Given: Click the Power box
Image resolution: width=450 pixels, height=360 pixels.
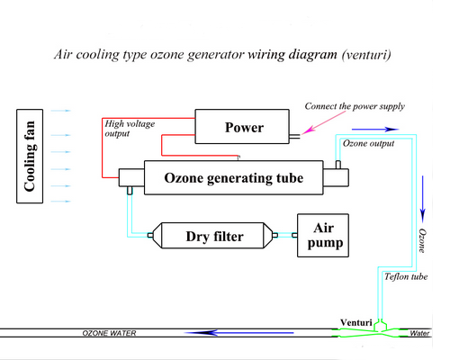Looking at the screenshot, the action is tap(242, 126).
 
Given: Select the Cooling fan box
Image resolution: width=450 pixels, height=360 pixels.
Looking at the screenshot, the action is tap(30, 156).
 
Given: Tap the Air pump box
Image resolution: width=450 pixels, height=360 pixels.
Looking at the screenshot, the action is tap(323, 236).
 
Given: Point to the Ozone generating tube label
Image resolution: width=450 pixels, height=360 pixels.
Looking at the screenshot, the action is tap(234, 178).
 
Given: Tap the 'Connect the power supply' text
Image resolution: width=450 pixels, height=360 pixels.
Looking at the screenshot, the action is tap(355, 106).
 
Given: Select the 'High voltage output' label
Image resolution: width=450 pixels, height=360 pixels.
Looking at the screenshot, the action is tap(130, 129).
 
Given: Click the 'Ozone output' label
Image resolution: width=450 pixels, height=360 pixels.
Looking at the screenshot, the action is tap(368, 143).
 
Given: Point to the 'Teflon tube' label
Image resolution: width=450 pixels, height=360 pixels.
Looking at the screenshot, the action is tap(406, 276).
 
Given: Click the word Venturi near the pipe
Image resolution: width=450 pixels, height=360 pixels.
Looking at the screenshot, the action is tap(356, 322).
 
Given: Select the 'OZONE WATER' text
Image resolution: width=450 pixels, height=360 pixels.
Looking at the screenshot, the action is tap(109, 333).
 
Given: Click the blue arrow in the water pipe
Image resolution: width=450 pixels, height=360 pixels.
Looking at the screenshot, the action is tap(239, 333).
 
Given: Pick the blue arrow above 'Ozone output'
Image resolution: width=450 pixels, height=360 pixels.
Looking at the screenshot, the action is tap(375, 130).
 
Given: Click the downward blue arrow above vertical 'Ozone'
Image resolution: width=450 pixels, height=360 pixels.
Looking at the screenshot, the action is tap(423, 199).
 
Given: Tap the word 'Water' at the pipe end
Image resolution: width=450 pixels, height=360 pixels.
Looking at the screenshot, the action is tap(419, 333).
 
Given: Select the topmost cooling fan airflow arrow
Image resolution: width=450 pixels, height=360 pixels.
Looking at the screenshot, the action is tap(60, 111).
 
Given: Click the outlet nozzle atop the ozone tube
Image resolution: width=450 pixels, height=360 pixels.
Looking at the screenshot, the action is tap(338, 165).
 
